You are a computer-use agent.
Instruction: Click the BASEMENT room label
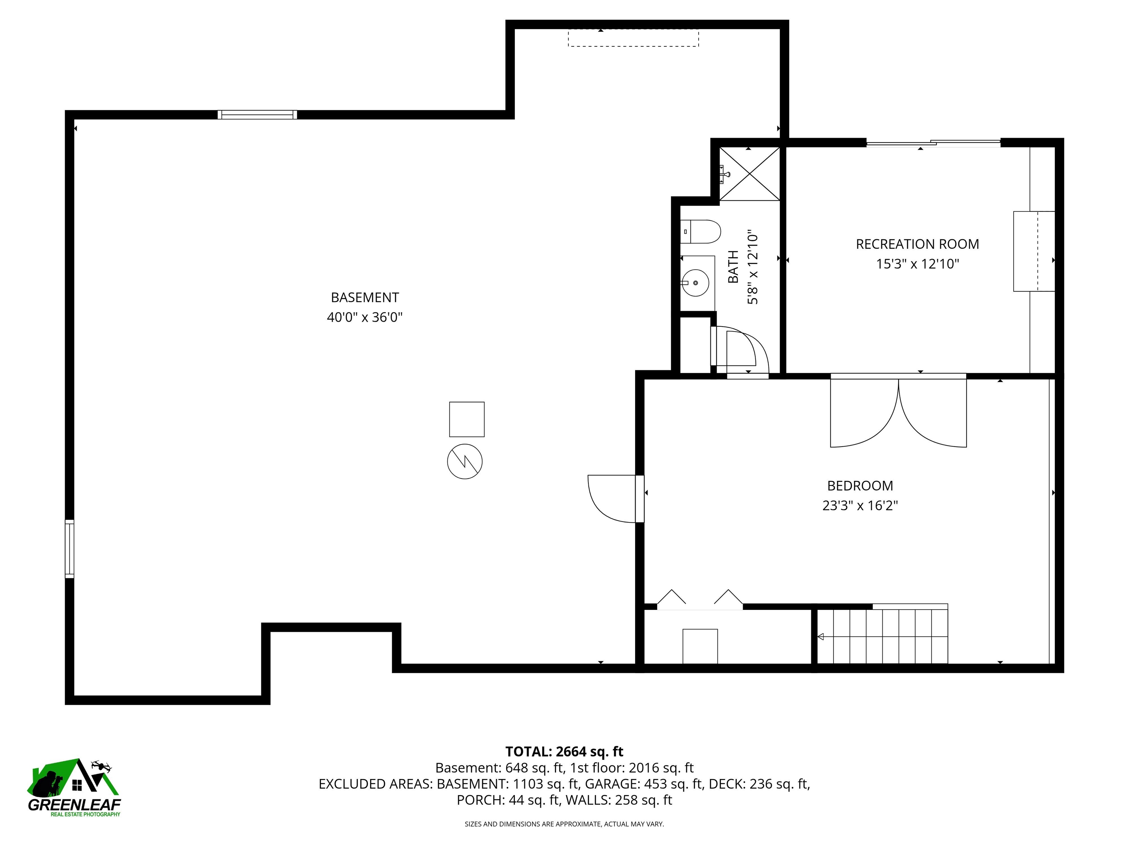click(x=365, y=297)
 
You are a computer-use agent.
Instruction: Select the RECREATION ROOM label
click(x=917, y=244)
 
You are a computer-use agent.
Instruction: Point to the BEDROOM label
click(x=860, y=486)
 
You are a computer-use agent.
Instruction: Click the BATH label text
click(x=733, y=267)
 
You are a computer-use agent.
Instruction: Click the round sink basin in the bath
click(x=696, y=282)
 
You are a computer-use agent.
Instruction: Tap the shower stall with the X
click(x=749, y=174)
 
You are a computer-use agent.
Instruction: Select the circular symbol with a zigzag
click(x=465, y=461)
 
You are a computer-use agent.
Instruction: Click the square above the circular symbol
click(x=466, y=419)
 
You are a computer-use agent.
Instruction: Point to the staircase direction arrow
click(x=821, y=637)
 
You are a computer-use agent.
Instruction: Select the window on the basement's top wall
click(x=257, y=114)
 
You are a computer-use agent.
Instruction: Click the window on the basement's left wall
click(x=69, y=549)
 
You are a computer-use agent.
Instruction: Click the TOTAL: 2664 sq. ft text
click(x=564, y=751)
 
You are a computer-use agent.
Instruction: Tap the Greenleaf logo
click(x=74, y=787)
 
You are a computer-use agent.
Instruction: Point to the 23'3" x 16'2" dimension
click(x=860, y=505)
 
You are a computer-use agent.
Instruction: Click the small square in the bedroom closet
click(x=700, y=646)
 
